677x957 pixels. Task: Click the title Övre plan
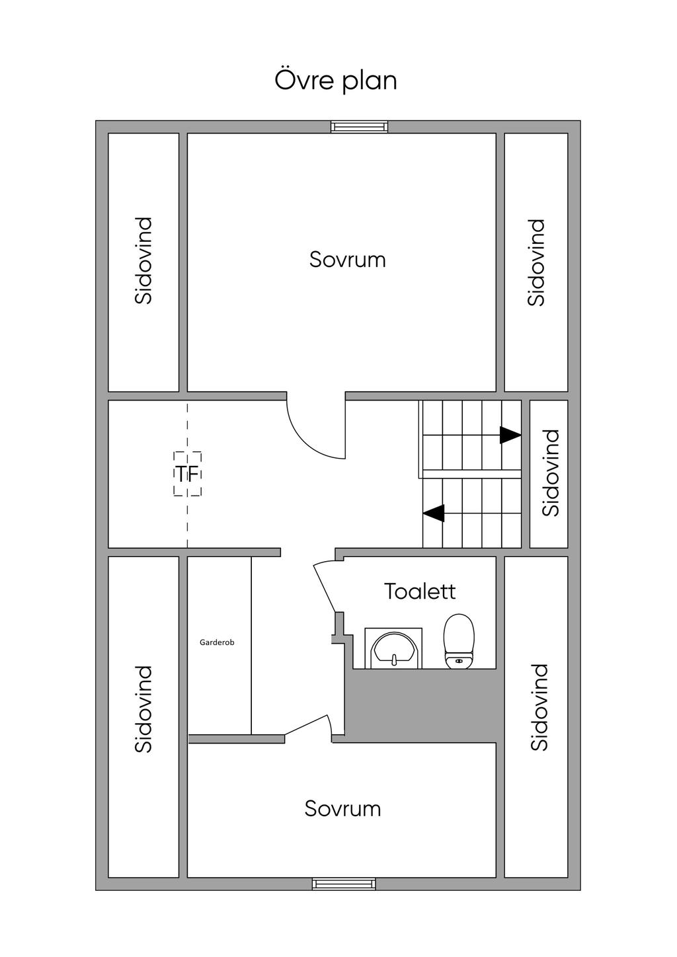(335, 81)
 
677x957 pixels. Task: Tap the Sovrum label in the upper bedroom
(348, 260)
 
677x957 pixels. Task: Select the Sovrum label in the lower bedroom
(342, 809)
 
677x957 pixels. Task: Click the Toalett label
(420, 592)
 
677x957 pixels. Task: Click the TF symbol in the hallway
(187, 474)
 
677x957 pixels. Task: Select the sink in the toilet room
(393, 648)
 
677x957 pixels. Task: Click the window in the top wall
(360, 126)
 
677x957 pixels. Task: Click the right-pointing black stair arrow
(510, 436)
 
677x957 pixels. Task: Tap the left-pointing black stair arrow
(434, 513)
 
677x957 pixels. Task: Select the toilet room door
(325, 587)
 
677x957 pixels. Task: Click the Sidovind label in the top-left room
(143, 260)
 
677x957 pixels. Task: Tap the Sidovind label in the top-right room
(536, 262)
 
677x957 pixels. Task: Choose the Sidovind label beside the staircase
(550, 473)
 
